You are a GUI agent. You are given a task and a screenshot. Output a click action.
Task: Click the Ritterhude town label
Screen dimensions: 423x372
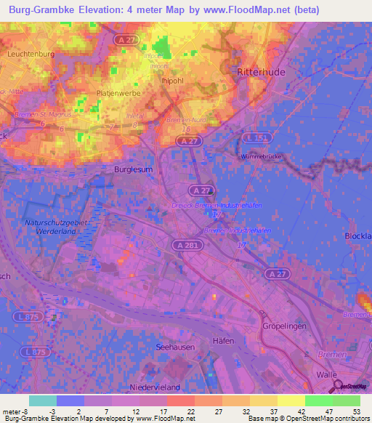[262, 73]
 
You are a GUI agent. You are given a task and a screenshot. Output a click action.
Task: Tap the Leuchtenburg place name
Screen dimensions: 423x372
[31, 54]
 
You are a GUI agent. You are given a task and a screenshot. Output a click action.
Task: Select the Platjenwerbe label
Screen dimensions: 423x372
[118, 94]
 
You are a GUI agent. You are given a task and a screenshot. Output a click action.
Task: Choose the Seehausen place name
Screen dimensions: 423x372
[174, 348]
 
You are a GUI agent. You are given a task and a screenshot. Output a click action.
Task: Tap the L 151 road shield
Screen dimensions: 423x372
[258, 137]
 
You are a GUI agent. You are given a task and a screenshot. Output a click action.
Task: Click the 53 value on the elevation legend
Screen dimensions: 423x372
[355, 412]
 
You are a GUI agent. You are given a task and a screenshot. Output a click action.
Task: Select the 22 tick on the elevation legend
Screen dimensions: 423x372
[190, 412]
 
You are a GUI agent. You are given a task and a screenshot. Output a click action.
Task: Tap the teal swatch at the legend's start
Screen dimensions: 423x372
[42, 400]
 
